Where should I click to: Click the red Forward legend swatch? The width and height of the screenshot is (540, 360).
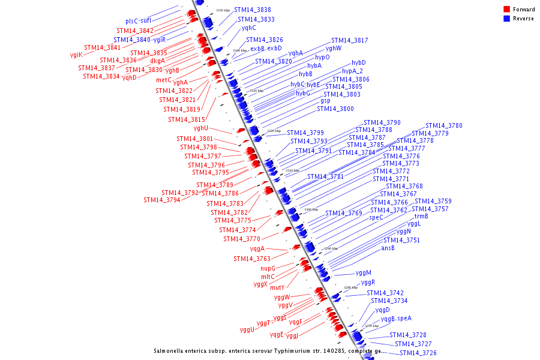click(507, 10)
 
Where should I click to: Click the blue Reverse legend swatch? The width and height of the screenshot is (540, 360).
click(507, 19)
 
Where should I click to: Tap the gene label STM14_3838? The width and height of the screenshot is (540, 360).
click(252, 10)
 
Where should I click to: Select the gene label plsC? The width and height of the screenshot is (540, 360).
click(132, 22)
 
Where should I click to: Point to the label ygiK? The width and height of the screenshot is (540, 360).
click(76, 55)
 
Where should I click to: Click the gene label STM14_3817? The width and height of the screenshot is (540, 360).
click(349, 41)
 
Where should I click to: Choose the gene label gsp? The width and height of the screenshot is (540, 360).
click(325, 101)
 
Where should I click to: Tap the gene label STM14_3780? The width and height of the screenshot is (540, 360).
click(444, 126)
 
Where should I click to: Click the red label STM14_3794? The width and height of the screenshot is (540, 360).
click(161, 200)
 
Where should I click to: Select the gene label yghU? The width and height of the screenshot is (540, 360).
click(201, 128)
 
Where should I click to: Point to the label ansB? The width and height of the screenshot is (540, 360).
click(388, 248)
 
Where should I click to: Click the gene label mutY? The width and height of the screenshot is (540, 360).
click(277, 288)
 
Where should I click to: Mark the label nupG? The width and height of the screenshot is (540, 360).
click(268, 269)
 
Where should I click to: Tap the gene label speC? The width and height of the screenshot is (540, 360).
click(376, 218)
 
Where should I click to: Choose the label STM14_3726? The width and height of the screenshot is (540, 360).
click(418, 353)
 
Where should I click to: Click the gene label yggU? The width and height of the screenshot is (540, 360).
click(247, 329)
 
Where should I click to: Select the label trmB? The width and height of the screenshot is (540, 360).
click(421, 217)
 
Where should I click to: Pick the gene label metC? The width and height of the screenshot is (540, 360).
click(164, 80)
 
